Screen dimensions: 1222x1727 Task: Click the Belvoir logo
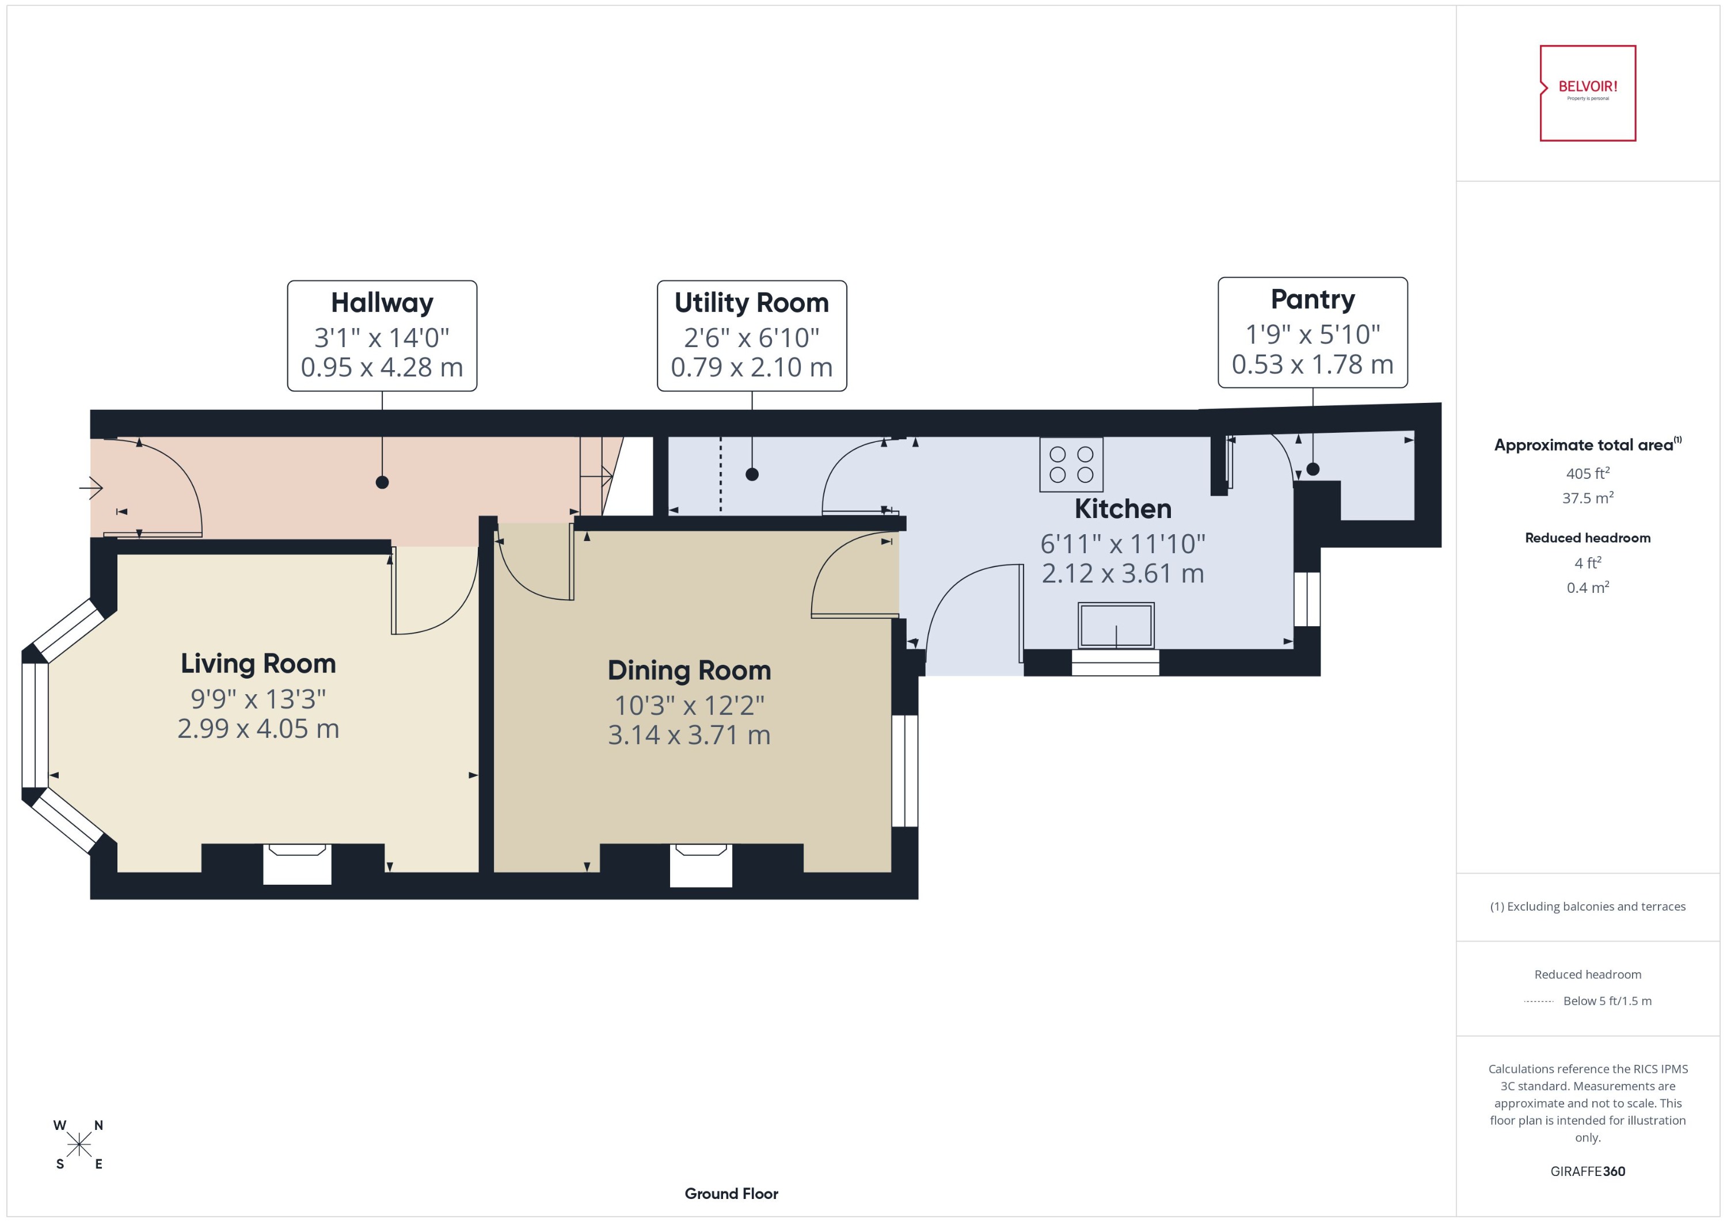click(1587, 93)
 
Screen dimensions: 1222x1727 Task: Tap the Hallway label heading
click(382, 303)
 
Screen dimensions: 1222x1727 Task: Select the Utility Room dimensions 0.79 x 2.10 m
click(751, 367)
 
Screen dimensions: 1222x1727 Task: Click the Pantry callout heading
click(1313, 299)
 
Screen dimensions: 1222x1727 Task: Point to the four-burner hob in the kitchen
click(1071, 465)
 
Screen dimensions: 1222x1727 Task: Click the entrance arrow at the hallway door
click(91, 488)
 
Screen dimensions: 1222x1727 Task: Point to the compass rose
click(78, 1144)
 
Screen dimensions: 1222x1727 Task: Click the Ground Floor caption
click(731, 1193)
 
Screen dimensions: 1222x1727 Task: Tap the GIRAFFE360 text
click(1587, 1171)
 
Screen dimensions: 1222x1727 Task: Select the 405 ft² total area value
click(1587, 473)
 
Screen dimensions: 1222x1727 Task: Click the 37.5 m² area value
click(1587, 497)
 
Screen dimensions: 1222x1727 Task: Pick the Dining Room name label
click(688, 669)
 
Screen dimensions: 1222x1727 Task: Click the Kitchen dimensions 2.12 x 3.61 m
click(1122, 573)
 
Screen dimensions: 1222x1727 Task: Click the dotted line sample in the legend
click(1538, 1001)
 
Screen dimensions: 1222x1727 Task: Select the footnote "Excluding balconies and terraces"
click(1587, 906)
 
